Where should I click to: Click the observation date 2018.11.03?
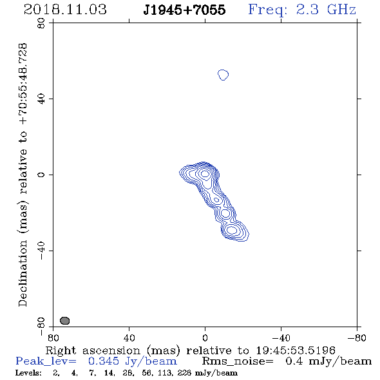65,10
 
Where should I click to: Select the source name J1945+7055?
184,10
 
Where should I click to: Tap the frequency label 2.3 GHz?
326,10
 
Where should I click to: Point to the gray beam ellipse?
64,320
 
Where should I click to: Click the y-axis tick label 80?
41,23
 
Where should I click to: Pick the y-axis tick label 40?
41,99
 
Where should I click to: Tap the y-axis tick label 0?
41,175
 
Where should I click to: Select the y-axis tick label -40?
41,251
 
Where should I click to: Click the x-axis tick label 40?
129,337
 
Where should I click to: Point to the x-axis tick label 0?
205,337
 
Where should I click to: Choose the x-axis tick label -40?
281,337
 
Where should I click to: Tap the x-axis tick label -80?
357,337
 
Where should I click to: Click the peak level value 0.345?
104,361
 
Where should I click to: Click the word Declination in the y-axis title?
23,273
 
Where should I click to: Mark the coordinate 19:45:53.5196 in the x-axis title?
296,350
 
